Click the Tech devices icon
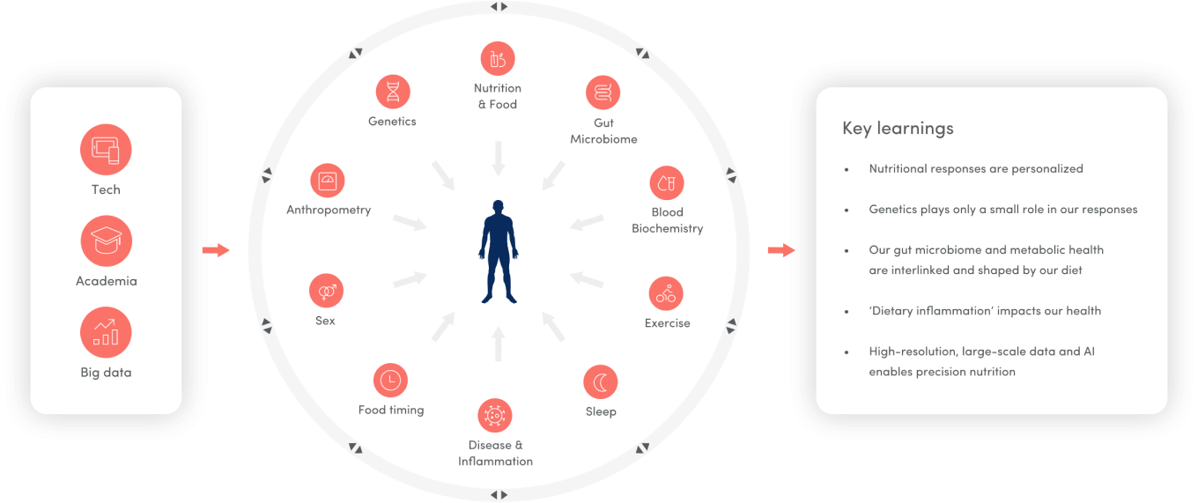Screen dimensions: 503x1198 [x=106, y=150]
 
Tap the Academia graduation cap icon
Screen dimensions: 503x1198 [x=106, y=241]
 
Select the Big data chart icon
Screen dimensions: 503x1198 [x=106, y=333]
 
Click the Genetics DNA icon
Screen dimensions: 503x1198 [x=392, y=91]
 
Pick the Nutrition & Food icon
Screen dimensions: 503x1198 [x=498, y=59]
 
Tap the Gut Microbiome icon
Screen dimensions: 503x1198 [x=603, y=92]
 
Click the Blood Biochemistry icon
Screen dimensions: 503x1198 [x=667, y=183]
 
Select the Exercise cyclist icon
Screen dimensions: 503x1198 [x=667, y=294]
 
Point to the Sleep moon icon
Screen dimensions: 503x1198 [x=601, y=382]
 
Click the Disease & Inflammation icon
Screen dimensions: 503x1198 [x=495, y=415]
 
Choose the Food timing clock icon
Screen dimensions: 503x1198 [x=390, y=381]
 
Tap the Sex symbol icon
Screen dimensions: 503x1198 [x=326, y=291]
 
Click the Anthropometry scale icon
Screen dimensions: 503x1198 [x=328, y=181]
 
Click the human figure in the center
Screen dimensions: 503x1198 [x=499, y=251]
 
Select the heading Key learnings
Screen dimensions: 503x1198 [x=898, y=129]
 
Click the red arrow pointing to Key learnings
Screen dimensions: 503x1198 [x=780, y=251]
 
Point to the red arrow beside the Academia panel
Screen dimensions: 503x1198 [x=215, y=251]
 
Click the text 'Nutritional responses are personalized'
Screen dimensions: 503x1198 [x=976, y=168]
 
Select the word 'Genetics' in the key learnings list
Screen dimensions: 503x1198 [x=893, y=210]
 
